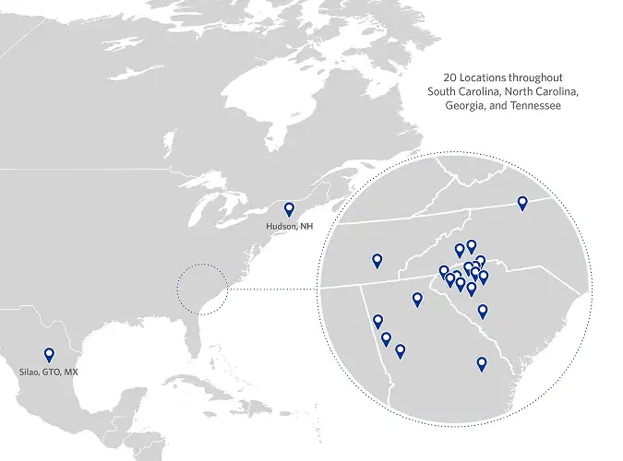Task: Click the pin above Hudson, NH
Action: click(289, 209)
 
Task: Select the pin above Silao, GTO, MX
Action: click(49, 354)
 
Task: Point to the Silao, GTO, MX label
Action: click(49, 372)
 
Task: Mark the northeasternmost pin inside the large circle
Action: click(522, 203)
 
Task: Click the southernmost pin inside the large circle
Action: click(481, 363)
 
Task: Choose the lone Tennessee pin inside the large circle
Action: click(377, 260)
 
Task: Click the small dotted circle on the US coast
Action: click(202, 289)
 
